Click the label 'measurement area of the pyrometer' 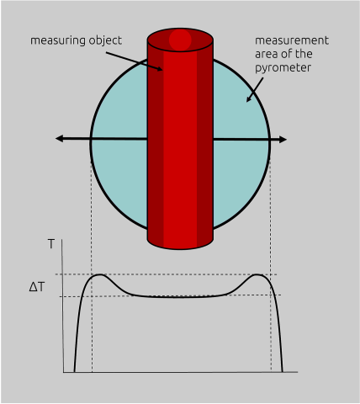291,53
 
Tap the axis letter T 51,244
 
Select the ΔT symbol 37,287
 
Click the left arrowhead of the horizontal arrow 61,137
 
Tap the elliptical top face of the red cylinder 180,40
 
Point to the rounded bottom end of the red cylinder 180,242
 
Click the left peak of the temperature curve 99,275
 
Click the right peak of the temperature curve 259,275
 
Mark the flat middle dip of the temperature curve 179,296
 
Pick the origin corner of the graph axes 64,371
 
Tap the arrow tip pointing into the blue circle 248,100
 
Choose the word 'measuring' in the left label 54,40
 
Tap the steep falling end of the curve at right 278,337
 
